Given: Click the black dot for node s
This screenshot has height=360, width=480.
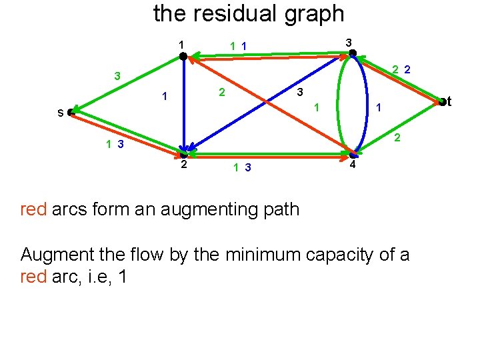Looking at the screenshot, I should pos(71,113).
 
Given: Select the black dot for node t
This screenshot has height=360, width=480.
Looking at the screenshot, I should pos(442,101).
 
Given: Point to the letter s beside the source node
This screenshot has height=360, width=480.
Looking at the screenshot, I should pos(60,113).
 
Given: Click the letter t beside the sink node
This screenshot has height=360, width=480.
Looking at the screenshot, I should pos(449,101).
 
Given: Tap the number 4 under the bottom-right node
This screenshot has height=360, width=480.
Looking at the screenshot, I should pos(353,165).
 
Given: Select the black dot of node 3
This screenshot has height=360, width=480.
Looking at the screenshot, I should pos(353,53).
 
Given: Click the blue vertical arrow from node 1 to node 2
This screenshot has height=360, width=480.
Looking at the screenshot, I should pos(183,107).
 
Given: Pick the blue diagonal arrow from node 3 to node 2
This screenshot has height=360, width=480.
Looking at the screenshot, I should pos(267,103).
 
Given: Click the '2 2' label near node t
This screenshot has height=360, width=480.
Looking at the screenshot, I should pos(401,69).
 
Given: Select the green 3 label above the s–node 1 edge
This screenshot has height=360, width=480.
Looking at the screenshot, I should pos(117,76).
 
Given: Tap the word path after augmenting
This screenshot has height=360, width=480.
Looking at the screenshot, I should pos(281,210).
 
